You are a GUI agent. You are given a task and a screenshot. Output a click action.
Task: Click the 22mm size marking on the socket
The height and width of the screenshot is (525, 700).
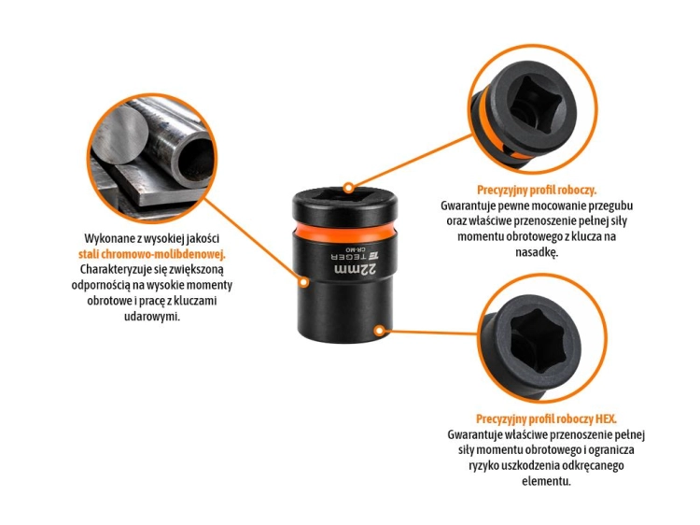coord(356,270)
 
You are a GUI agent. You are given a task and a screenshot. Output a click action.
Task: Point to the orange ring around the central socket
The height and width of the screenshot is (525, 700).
coord(344,234)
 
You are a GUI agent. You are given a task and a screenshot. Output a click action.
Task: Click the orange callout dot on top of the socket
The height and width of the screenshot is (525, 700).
coord(349,188)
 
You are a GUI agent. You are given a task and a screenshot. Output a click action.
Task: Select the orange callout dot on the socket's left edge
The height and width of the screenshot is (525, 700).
coord(303,282)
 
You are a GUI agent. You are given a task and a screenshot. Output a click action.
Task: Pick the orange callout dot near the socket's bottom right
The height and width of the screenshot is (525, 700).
coord(379,331)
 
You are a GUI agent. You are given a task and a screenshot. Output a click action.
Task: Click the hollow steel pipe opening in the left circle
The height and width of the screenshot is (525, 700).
coord(194,160)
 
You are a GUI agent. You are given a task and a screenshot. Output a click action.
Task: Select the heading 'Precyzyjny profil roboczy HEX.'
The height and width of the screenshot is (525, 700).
coord(546,419)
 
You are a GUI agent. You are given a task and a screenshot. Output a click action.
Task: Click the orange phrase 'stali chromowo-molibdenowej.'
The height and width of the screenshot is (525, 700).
coord(152,254)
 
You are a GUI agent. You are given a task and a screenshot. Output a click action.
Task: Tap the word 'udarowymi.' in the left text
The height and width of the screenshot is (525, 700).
coord(152,317)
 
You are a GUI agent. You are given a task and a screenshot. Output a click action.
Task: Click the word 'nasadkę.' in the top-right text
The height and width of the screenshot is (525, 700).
coord(537,252)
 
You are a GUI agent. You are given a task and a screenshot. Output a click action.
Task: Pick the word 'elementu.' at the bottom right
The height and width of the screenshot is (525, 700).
coord(546,481)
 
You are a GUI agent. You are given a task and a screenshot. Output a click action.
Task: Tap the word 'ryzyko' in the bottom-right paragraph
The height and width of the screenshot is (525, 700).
coord(483,465)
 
